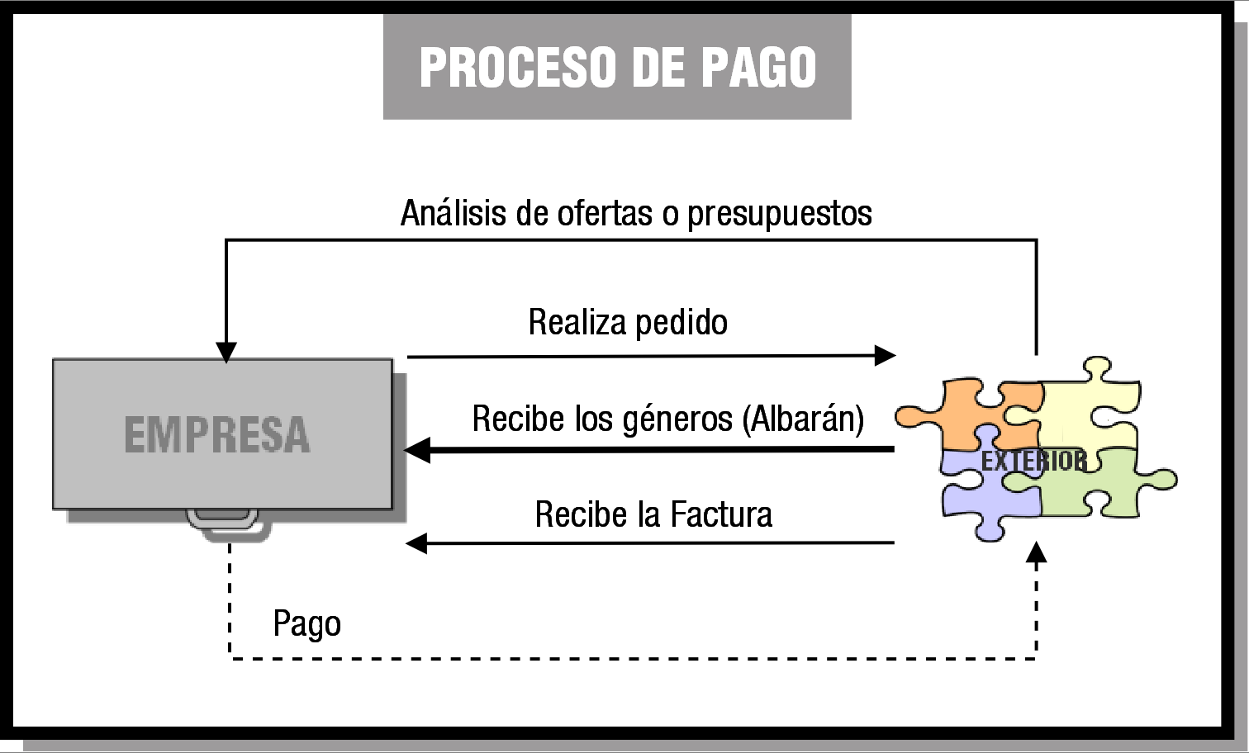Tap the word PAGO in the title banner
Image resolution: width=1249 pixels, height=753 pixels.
758,67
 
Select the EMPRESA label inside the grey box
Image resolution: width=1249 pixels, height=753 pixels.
216,435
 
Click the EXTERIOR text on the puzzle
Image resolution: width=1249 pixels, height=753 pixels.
1033,462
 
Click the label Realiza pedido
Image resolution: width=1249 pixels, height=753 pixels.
628,322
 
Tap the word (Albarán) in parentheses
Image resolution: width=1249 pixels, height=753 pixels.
803,419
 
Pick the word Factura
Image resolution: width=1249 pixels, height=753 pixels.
721,514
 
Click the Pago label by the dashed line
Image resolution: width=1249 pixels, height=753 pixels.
306,624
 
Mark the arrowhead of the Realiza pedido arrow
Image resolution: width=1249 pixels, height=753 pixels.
885,356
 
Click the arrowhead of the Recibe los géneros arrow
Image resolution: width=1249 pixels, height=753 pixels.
417,450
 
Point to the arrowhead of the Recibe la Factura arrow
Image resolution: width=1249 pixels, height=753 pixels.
416,543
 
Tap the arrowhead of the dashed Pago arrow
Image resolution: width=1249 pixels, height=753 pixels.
1036,552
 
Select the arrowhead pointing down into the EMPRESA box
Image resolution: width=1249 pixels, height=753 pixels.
226,353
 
